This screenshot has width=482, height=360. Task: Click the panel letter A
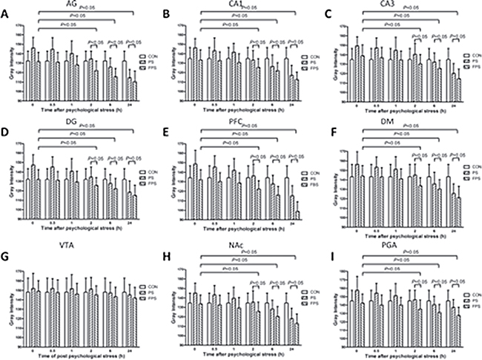(7, 13)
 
